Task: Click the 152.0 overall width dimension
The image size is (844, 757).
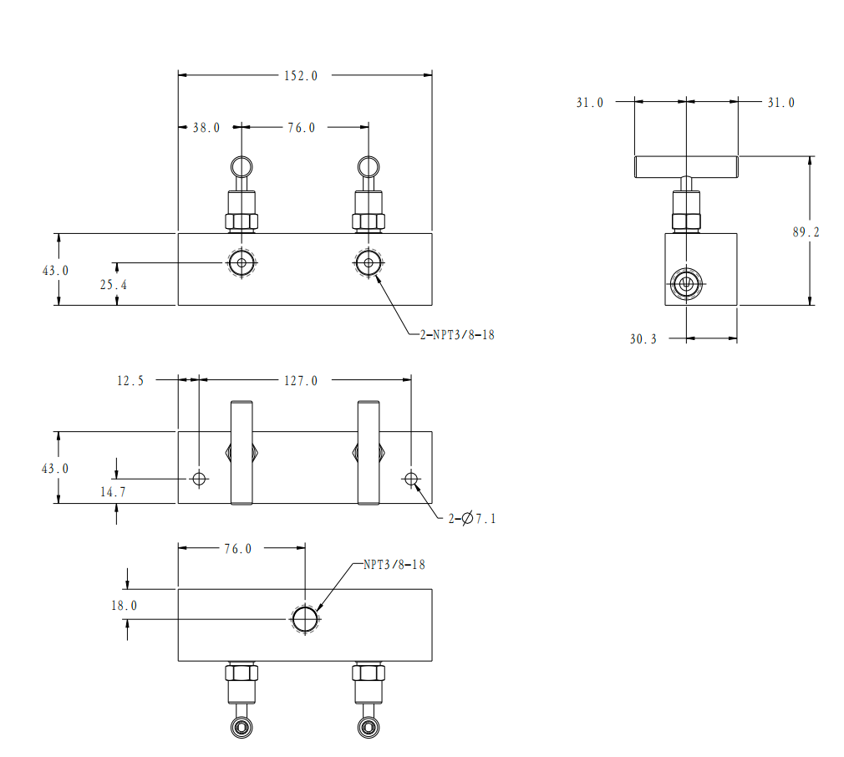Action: (301, 76)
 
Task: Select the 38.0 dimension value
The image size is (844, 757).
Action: (206, 128)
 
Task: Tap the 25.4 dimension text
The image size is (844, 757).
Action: (114, 285)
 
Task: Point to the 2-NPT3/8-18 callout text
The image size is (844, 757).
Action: (457, 335)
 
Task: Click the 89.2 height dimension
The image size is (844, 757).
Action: (806, 232)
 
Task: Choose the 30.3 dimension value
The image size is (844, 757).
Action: (643, 339)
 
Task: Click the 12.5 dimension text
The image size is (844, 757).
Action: (130, 381)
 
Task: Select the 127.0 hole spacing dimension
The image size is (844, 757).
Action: (301, 381)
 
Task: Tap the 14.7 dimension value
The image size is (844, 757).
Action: (113, 492)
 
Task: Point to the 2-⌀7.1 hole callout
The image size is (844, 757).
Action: (472, 519)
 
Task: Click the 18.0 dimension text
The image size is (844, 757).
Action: (124, 606)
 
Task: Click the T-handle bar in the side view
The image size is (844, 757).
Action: (686, 167)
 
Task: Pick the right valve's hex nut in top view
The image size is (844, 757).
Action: (369, 221)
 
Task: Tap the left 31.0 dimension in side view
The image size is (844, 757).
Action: (590, 103)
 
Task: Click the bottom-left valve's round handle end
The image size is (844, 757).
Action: (242, 718)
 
